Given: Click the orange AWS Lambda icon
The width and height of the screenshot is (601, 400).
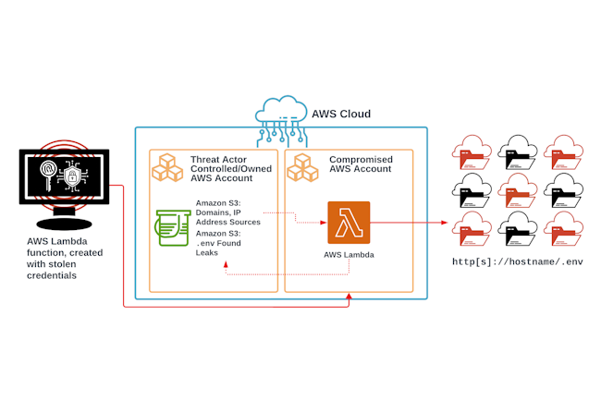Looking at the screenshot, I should [349, 223].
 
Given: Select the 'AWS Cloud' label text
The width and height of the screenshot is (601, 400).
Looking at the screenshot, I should [340, 115].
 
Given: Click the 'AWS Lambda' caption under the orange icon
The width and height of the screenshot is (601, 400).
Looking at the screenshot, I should [349, 254].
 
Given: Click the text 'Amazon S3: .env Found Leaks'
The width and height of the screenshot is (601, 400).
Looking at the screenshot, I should [219, 242].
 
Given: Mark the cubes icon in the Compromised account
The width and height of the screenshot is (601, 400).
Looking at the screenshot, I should [302, 166].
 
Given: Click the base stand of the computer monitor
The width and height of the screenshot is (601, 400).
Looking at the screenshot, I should [64, 224].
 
